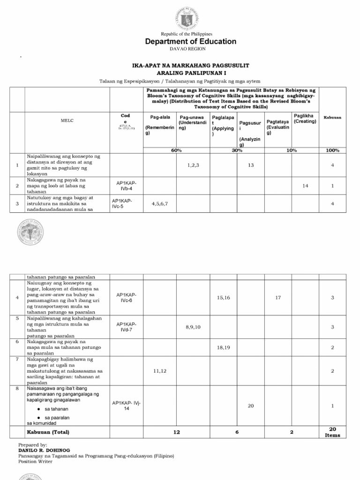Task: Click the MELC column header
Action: pos(67,120)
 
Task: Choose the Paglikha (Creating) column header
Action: pos(305,119)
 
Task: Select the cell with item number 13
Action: pos(251,165)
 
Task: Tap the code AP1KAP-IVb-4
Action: pos(124,186)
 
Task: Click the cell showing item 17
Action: pos(278,298)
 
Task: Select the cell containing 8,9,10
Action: pos(193,327)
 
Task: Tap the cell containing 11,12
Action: pos(160,370)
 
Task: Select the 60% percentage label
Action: pos(176,150)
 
